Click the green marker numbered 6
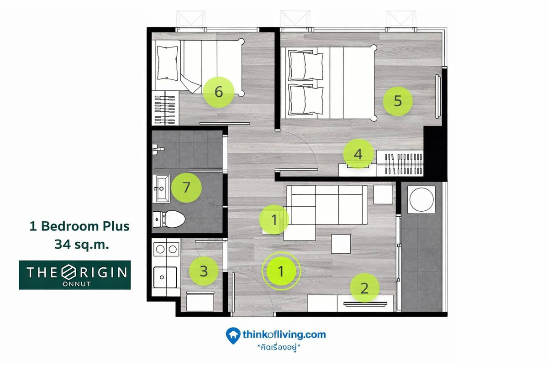[x=218, y=92]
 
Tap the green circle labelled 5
[x=398, y=101]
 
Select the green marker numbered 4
[x=358, y=154]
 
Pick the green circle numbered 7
[x=186, y=188]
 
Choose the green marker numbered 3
[x=204, y=271]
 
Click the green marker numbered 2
[x=364, y=288]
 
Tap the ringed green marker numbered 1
[x=281, y=271]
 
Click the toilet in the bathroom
[x=169, y=219]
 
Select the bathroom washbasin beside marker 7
[x=161, y=188]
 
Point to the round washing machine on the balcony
[x=421, y=199]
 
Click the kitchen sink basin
[x=165, y=277]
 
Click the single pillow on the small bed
[x=167, y=63]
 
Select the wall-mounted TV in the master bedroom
[x=438, y=97]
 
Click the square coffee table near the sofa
[x=341, y=244]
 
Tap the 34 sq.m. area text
[x=81, y=244]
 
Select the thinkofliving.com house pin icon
[x=233, y=336]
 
